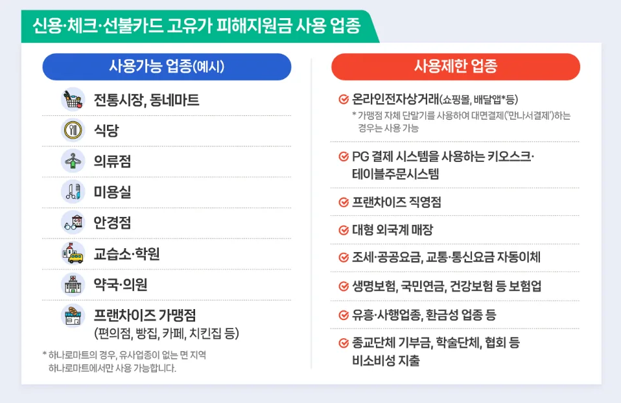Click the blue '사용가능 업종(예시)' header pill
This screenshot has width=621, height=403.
[x=167, y=66]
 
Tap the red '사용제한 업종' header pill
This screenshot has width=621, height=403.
[x=455, y=66]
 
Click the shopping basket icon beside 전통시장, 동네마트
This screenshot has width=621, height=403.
[x=73, y=100]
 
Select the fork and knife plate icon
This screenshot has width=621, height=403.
[x=73, y=130]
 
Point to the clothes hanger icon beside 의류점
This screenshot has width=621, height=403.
[x=73, y=161]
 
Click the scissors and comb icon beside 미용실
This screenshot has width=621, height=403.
[x=73, y=192]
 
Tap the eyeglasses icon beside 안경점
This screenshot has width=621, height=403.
[x=73, y=222]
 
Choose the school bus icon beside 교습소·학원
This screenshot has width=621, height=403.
[x=73, y=253]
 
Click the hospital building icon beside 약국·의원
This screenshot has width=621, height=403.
[x=73, y=284]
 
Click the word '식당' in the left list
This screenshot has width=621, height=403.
[x=106, y=131]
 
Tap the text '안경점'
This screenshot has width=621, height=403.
[x=112, y=223]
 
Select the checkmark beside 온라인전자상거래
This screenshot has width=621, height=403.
[x=344, y=100]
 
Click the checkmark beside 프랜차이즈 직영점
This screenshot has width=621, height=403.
[x=344, y=202]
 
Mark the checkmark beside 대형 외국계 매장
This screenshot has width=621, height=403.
[x=344, y=230]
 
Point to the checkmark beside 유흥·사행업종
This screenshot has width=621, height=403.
[x=344, y=316]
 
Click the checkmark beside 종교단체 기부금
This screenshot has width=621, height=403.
[x=344, y=343]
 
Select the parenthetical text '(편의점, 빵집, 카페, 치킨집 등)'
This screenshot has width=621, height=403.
[x=167, y=334]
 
